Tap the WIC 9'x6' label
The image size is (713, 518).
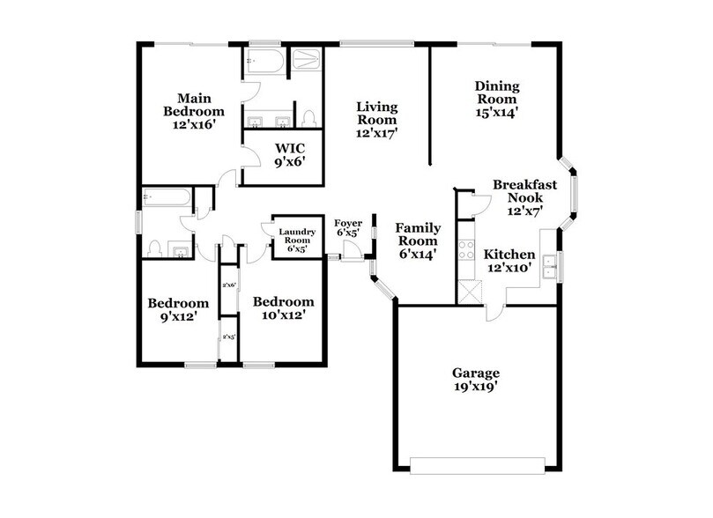click(x=289, y=154)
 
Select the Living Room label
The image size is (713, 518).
click(x=377, y=120)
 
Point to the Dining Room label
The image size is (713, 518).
click(x=496, y=98)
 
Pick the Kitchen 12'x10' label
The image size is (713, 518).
click(x=509, y=260)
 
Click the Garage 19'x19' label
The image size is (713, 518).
click(x=478, y=379)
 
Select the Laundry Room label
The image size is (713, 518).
click(x=296, y=240)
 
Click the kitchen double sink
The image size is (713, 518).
click(x=550, y=265)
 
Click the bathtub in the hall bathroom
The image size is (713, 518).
click(x=167, y=199)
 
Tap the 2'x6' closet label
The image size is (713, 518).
click(x=228, y=284)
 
